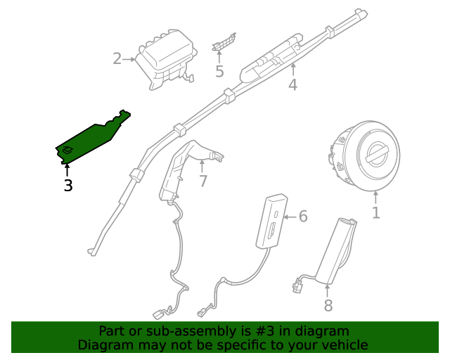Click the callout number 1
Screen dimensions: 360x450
tap(375, 212)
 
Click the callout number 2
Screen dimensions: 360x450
tap(117, 59)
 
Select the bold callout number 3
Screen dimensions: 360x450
tap(67, 186)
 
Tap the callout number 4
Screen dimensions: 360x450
tap(292, 85)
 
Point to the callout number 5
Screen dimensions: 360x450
tap(219, 71)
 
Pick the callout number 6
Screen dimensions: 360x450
tap(303, 216)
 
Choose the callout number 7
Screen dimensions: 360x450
tap(202, 181)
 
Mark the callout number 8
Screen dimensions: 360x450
tap(328, 305)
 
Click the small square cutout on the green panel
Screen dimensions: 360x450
tap(67, 149)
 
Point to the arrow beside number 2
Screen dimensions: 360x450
tap(129, 59)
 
